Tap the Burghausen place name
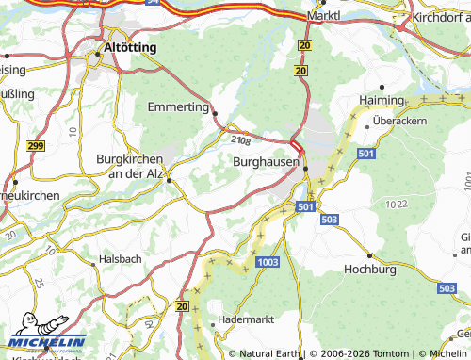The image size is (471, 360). (267, 162)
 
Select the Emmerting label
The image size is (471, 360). (178, 106)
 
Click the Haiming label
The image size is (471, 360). (382, 100)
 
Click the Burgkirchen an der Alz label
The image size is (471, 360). (131, 166)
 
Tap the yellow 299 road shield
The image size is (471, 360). (37, 146)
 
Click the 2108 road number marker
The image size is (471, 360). (240, 140)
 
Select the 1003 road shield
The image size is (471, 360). (268, 261)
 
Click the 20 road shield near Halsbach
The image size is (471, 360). (183, 306)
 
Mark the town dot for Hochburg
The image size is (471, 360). (372, 255)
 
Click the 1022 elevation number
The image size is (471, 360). (397, 203)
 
